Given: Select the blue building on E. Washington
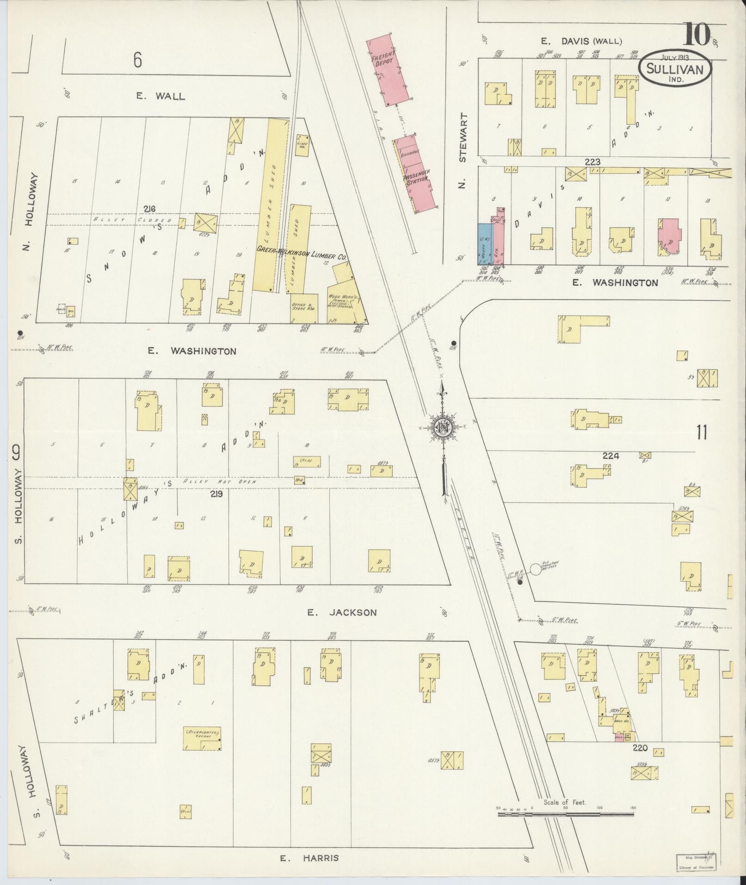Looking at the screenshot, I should pos(485,244).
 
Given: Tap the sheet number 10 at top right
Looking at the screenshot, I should pos(696,34).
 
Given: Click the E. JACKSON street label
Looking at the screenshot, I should pos(342,613).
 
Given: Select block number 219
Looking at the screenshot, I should pos(216,494).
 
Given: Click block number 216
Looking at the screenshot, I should pos(149,209).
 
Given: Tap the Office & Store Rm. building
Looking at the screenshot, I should pos(304,308).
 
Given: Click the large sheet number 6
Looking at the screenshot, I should pos(137,61).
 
